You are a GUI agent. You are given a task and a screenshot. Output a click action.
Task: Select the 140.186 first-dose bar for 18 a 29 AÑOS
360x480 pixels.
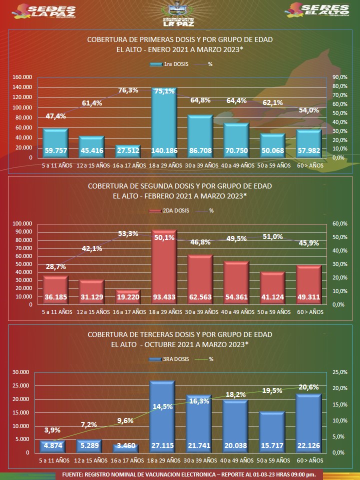(x=164, y=122)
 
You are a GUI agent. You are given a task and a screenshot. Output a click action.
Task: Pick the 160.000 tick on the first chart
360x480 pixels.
(x=22, y=77)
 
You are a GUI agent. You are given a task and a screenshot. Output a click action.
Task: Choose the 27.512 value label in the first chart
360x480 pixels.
(x=128, y=150)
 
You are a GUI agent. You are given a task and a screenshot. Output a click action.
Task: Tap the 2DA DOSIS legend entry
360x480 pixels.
(x=169, y=210)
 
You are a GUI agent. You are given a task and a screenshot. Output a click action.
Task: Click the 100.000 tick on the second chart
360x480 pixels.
(x=22, y=223)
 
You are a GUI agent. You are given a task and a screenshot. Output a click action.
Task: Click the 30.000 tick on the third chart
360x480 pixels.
(x=22, y=372)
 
